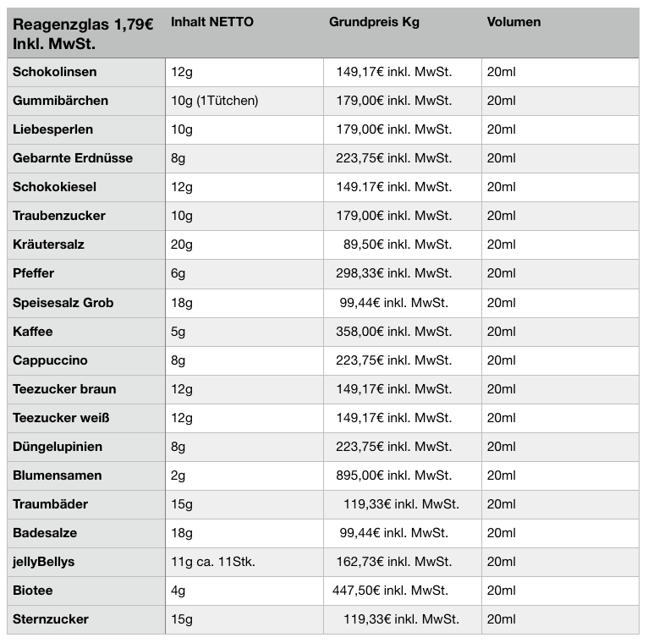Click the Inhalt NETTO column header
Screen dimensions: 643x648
tap(211, 22)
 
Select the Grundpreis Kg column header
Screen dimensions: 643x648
tap(374, 22)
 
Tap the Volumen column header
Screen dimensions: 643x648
tap(513, 22)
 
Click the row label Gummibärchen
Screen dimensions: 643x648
tap(60, 101)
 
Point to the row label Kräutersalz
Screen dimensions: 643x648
tap(48, 245)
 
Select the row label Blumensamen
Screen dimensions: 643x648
tap(57, 475)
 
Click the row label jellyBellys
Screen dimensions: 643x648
tap(43, 562)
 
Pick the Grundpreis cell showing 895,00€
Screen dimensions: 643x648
tap(393, 475)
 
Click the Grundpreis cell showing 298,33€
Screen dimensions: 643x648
tap(393, 273)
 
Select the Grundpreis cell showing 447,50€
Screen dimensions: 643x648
tap(390, 591)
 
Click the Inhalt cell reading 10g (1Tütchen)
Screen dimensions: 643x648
tap(214, 101)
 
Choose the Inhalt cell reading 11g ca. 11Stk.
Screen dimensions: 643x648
tap(212, 562)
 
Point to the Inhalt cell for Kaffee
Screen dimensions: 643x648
tap(178, 332)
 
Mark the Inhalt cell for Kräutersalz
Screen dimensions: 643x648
tap(182, 245)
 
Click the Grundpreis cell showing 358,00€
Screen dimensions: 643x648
tap(393, 332)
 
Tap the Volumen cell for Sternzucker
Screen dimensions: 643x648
tap(501, 619)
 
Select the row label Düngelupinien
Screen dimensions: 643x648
tap(57, 447)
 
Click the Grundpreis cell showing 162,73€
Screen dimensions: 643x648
tap(393, 562)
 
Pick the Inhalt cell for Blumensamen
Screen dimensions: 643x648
tap(178, 475)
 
